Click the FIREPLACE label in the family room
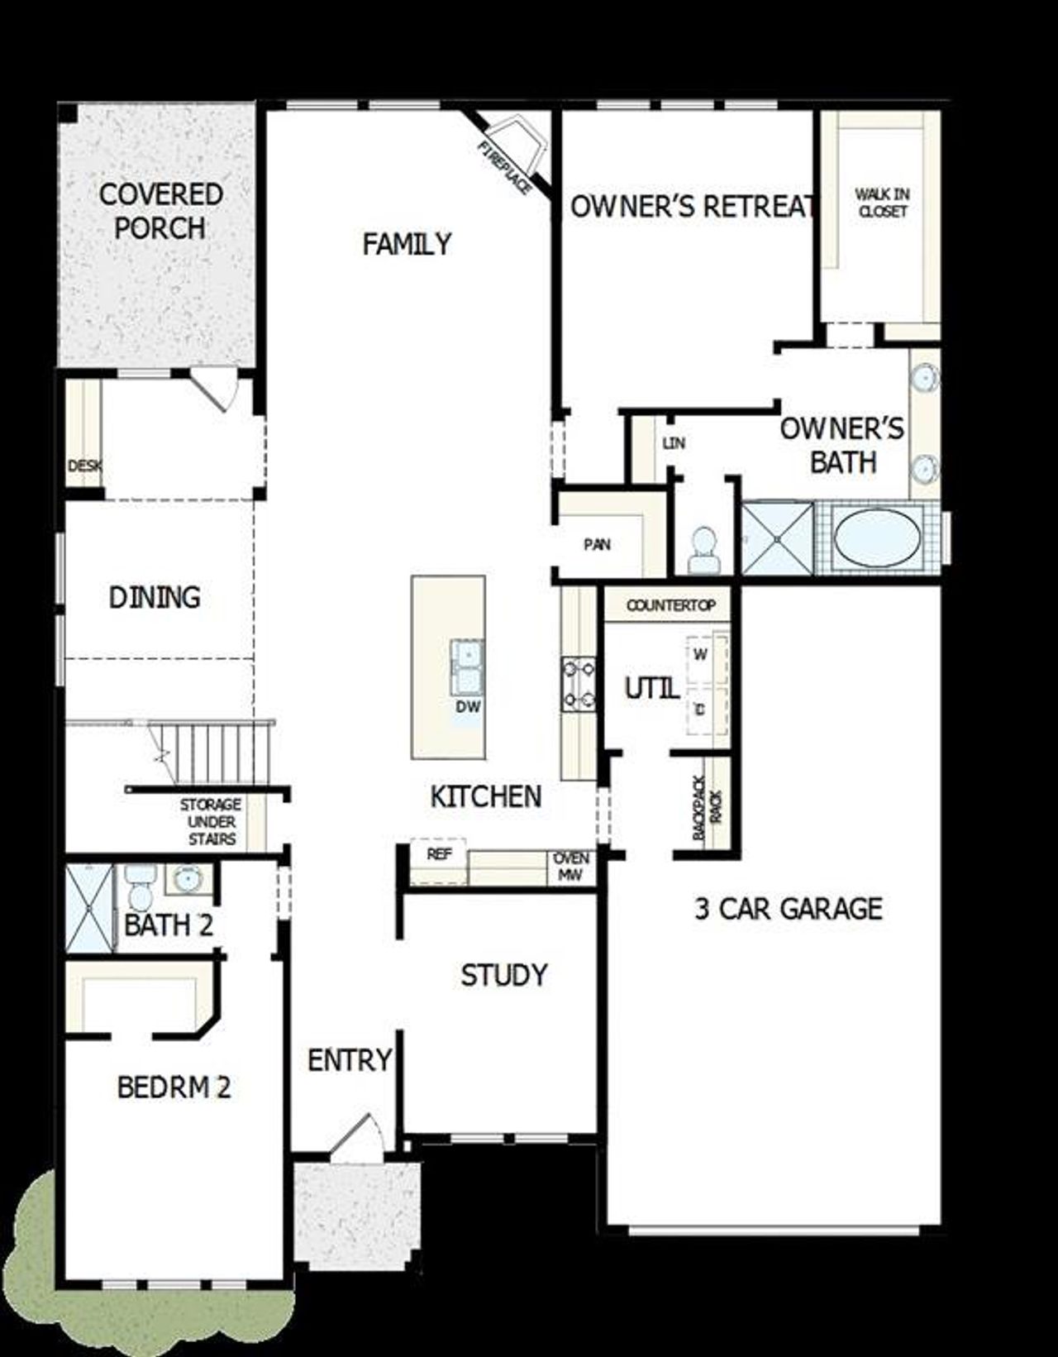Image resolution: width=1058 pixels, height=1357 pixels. click(504, 169)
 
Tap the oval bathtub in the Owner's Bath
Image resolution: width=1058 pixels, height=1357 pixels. click(877, 537)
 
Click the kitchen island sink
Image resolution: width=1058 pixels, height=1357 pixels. click(467, 668)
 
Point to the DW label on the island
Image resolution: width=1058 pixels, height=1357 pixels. click(468, 708)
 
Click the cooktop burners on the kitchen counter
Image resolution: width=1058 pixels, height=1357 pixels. click(579, 684)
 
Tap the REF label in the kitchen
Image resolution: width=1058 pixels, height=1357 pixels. click(439, 854)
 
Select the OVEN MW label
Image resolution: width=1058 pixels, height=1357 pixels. click(571, 867)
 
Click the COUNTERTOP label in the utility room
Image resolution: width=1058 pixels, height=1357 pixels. click(670, 605)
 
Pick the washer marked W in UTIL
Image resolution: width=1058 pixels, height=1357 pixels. click(701, 655)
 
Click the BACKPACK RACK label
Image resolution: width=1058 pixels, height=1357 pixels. click(708, 808)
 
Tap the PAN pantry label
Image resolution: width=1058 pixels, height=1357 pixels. click(597, 544)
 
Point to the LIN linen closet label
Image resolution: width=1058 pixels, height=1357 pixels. click(674, 443)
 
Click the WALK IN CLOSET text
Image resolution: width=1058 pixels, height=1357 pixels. click(882, 203)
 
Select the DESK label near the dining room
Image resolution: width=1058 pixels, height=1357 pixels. click(83, 466)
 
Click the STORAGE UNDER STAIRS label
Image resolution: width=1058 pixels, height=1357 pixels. click(212, 821)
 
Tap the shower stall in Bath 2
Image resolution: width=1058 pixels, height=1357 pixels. click(90, 908)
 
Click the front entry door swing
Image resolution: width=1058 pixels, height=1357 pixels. click(357, 1138)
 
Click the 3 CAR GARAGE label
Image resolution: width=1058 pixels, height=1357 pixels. click(789, 909)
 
